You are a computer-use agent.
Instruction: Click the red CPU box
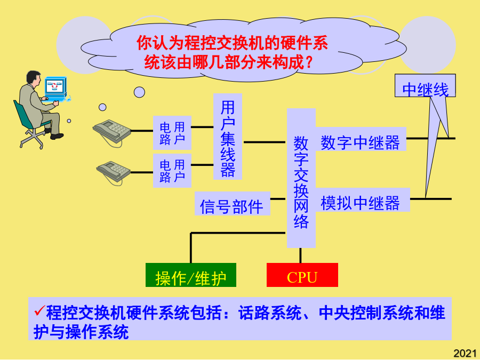302,275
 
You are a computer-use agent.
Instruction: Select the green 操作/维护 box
191,275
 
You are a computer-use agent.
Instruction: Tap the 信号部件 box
233,204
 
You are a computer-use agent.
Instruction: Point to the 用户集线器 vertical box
228,137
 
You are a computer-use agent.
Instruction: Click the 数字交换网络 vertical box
301,178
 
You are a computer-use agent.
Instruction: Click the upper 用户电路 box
172,133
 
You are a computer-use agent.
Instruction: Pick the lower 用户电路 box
172,171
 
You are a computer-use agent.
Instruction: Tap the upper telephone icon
112,132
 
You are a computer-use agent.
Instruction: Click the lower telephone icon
113,172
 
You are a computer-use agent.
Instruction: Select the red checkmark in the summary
39,310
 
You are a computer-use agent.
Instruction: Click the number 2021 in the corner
465,353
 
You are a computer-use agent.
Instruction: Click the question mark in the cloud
309,62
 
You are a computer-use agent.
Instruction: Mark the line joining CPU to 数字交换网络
300,255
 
